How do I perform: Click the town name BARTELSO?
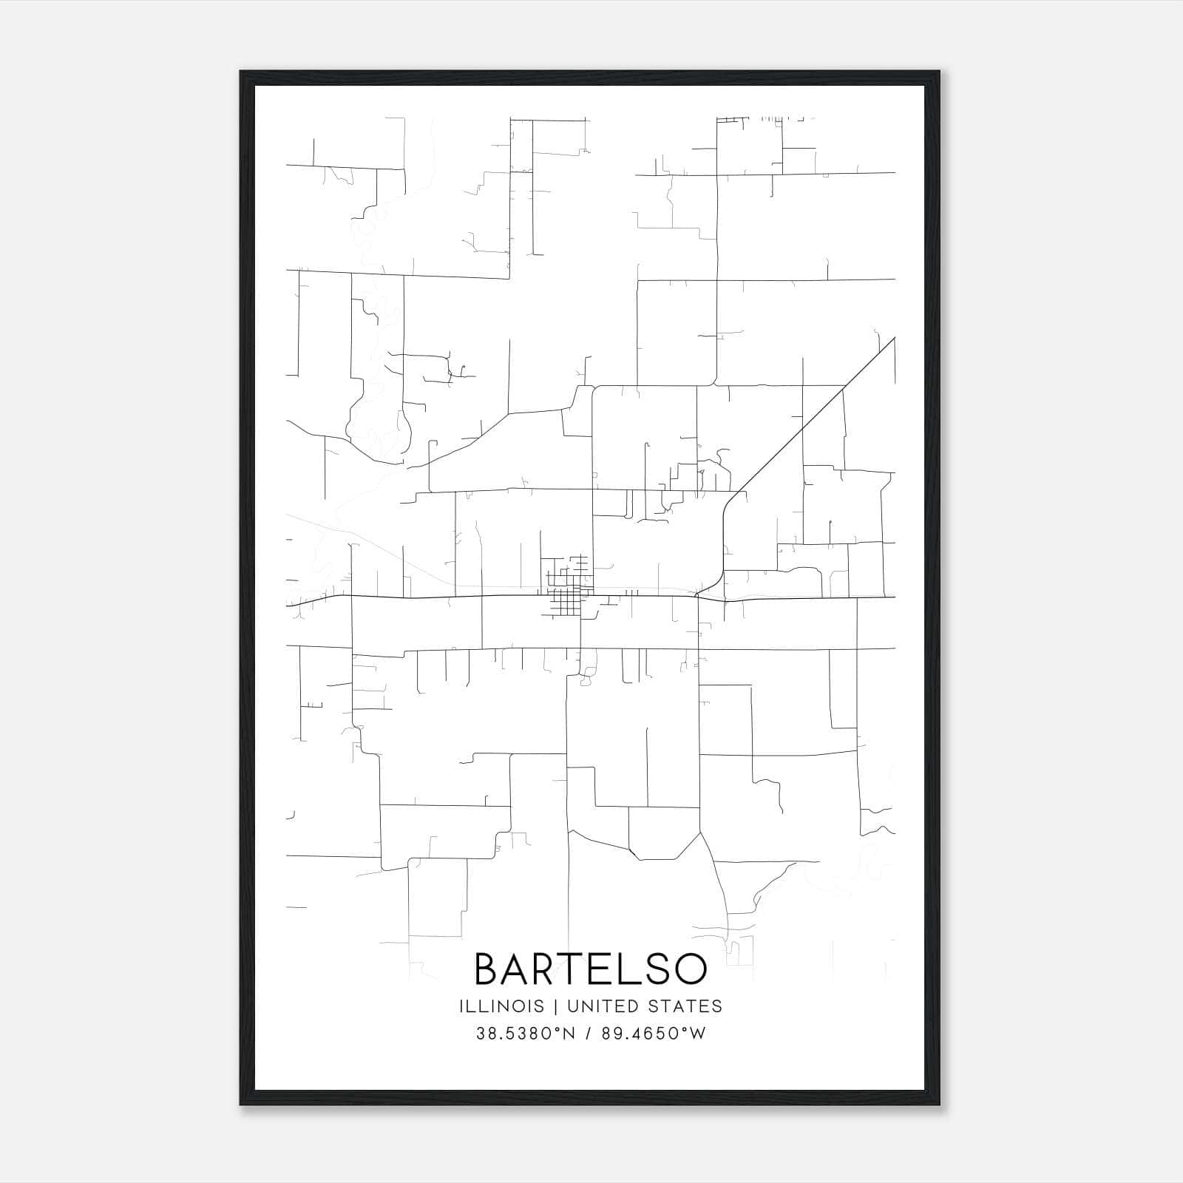(x=590, y=969)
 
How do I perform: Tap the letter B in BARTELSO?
(x=489, y=969)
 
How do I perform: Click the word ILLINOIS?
(x=501, y=1006)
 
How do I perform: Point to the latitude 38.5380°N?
(x=524, y=1033)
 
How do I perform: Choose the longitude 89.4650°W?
(x=653, y=1033)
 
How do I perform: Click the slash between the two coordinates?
(x=588, y=1033)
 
